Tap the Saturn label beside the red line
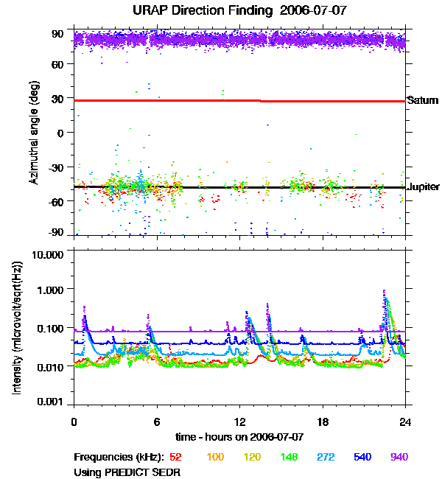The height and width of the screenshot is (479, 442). pyautogui.click(x=422, y=100)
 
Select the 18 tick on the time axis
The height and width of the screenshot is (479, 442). pyautogui.click(x=323, y=422)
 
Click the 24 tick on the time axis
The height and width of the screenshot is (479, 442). pyautogui.click(x=405, y=422)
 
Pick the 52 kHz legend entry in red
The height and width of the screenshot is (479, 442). pyautogui.click(x=178, y=457)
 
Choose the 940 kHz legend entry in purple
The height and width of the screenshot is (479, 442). pyautogui.click(x=399, y=457)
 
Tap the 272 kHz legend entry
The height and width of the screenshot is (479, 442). pyautogui.click(x=325, y=457)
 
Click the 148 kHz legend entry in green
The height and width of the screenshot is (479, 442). pyautogui.click(x=288, y=457)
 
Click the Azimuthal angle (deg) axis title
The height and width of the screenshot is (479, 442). pyautogui.click(x=34, y=133)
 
